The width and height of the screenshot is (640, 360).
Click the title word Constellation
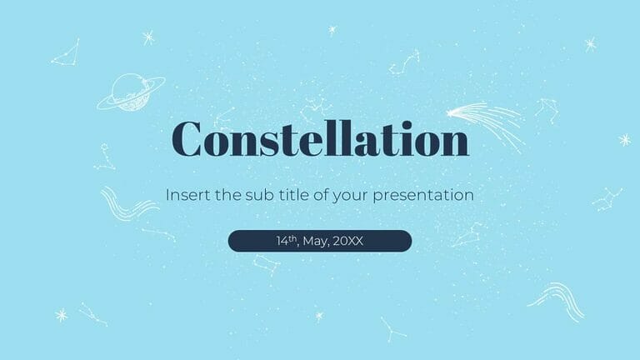[x=320, y=139]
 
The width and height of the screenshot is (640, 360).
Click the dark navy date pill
[x=320, y=241]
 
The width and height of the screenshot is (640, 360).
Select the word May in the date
[x=316, y=241]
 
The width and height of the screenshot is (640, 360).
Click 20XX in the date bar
[x=348, y=241]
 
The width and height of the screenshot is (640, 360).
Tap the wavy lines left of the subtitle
[x=118, y=203]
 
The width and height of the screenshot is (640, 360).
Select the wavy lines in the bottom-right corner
[x=556, y=297]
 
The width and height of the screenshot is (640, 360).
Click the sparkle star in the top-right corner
[x=590, y=44]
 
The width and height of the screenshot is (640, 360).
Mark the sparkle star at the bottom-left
[x=60, y=314]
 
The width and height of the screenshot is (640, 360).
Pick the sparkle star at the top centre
[x=332, y=30]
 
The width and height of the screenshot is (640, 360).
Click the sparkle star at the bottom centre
[x=318, y=316]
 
